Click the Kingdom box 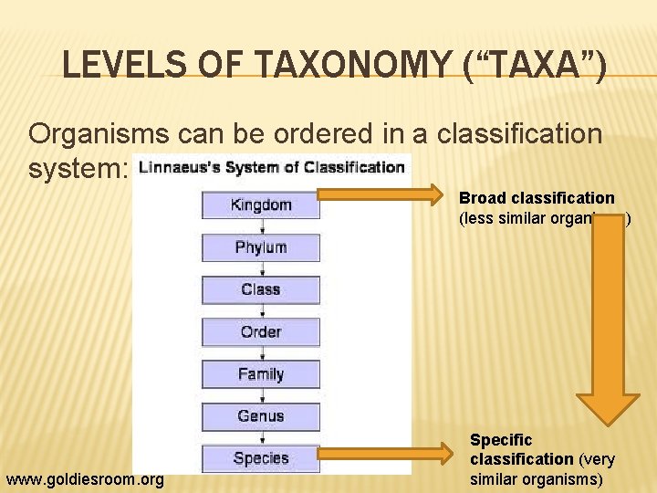click(x=261, y=205)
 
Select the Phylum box click(x=261, y=247)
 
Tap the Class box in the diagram click(x=261, y=289)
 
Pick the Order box click(x=261, y=331)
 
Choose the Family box click(x=261, y=373)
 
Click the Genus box click(x=261, y=415)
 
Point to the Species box click(x=261, y=457)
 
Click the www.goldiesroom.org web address click(x=85, y=479)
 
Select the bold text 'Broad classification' click(x=537, y=198)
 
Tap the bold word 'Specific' click(x=500, y=440)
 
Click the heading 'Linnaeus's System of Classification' click(x=273, y=167)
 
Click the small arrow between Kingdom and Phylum click(x=261, y=226)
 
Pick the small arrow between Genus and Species click(x=261, y=436)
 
